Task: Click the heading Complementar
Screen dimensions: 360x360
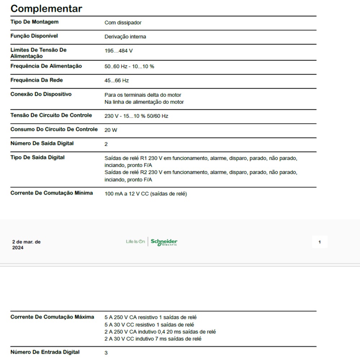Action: tap(46, 9)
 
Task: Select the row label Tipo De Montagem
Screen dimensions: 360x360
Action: tap(35, 22)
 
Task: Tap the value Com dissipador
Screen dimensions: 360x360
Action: tap(123, 23)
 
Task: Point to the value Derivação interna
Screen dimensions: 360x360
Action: tap(125, 37)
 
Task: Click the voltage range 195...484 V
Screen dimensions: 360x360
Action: tap(118, 51)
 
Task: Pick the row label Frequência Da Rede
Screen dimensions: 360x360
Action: tap(37, 80)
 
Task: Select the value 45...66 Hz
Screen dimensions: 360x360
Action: tap(116, 81)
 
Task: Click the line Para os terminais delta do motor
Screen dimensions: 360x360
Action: tap(143, 95)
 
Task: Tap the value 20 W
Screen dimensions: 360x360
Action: tap(111, 130)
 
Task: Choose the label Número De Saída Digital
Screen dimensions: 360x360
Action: tap(42, 143)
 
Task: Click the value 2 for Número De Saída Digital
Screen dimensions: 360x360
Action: tap(106, 144)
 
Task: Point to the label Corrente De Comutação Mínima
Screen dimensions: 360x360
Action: tap(51, 193)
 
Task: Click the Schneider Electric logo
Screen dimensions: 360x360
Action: tap(164, 242)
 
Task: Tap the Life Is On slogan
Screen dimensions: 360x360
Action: tap(135, 242)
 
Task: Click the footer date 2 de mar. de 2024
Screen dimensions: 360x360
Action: tap(26, 245)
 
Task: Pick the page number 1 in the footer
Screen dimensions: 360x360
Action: tap(319, 242)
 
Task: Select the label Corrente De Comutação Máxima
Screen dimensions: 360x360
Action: tap(52, 317)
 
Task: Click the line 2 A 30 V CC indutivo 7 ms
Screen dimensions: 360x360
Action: tap(153, 339)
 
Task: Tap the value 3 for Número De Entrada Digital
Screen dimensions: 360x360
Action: tap(106, 353)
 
